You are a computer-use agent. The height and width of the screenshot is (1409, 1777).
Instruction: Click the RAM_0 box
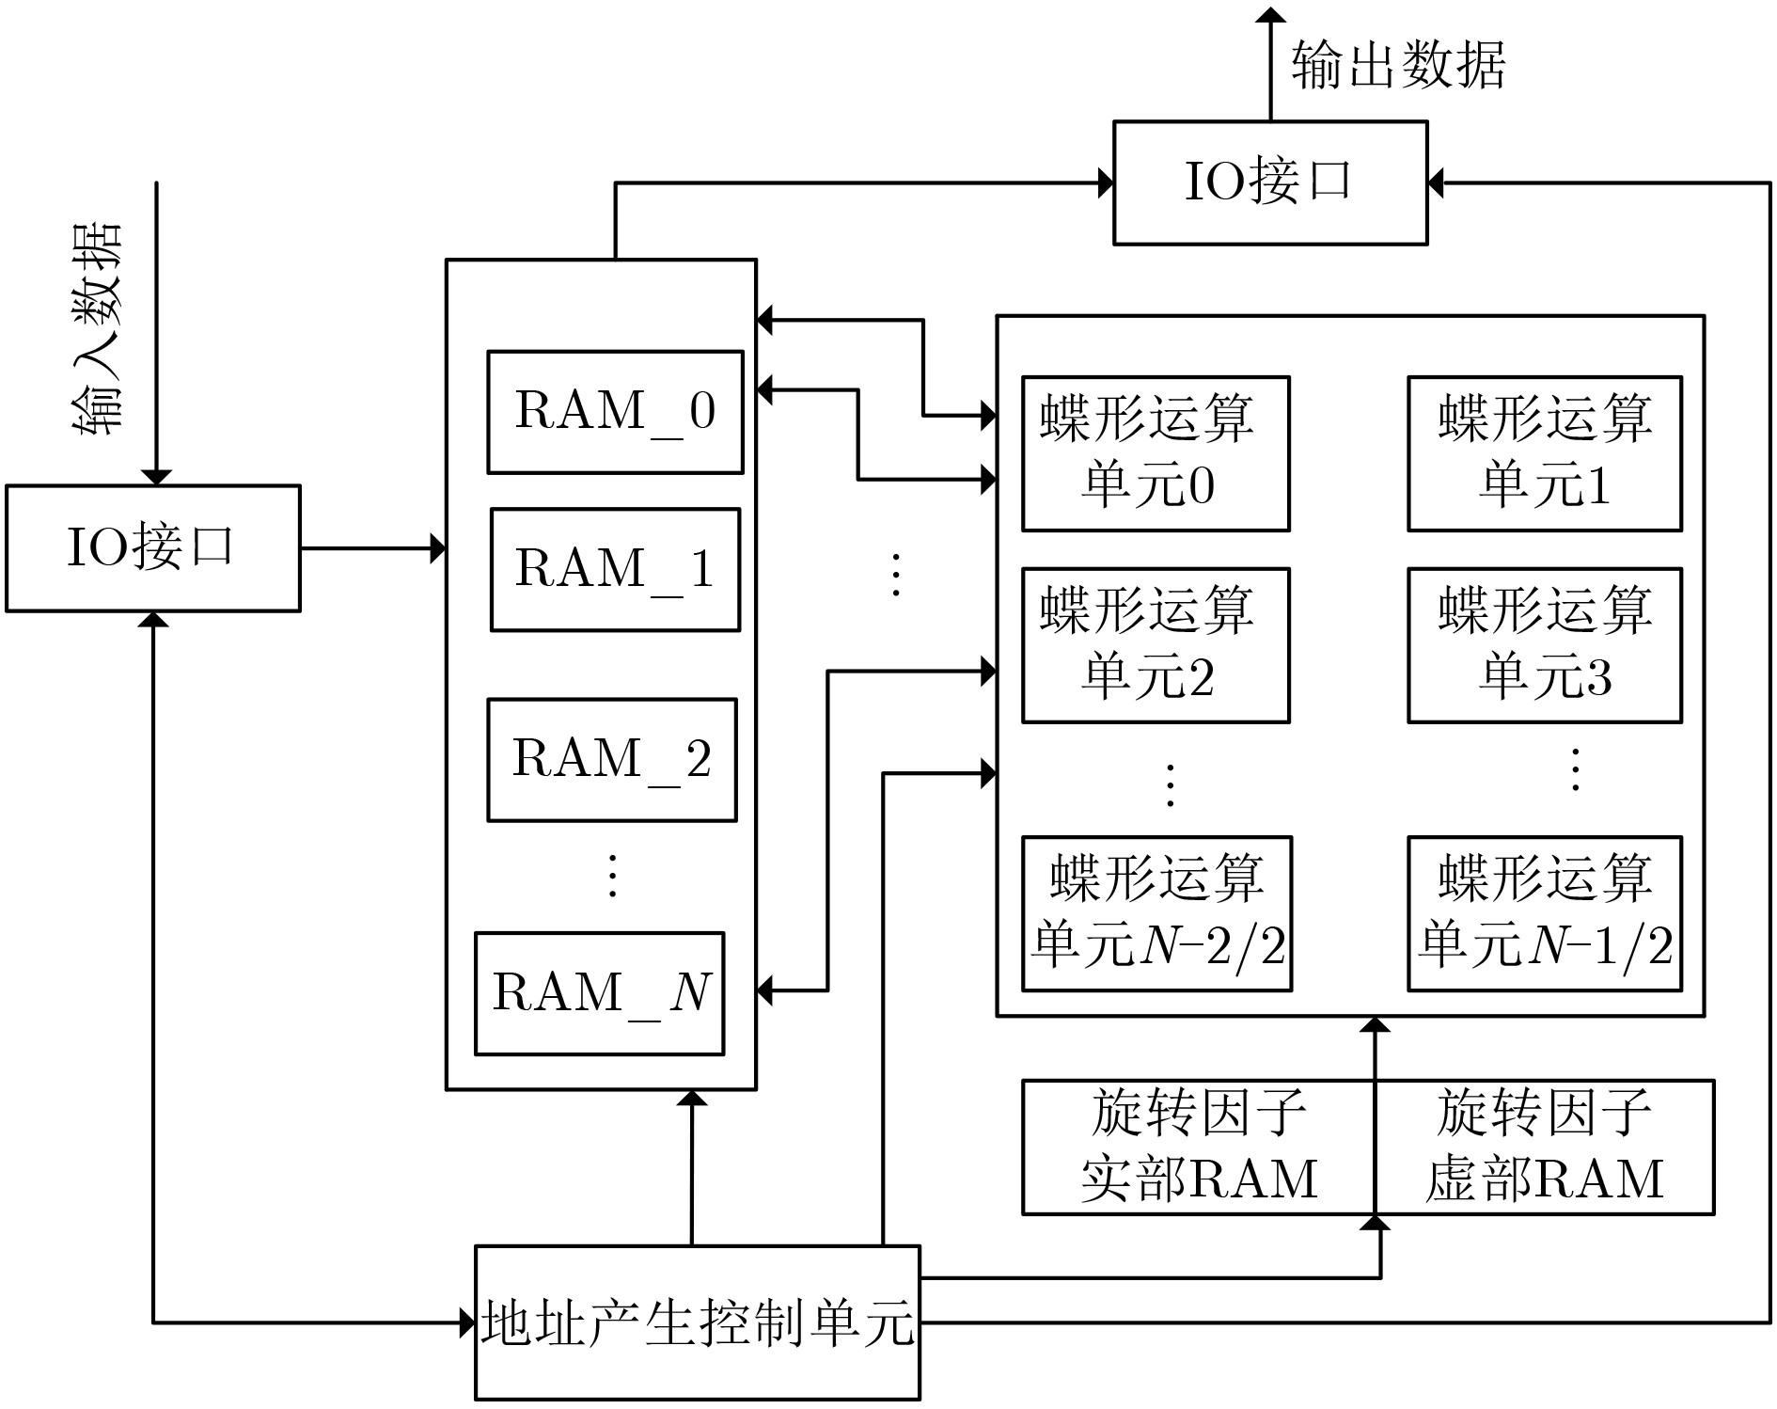[x=615, y=412]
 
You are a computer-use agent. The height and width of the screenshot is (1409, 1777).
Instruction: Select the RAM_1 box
[x=615, y=570]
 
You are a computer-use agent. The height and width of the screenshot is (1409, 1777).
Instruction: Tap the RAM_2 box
[x=612, y=760]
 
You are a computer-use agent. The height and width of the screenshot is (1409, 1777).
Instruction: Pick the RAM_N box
[x=600, y=993]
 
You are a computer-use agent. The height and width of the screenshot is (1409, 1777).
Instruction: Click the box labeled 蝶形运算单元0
[x=1156, y=454]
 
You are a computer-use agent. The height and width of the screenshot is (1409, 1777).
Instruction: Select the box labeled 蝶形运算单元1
[x=1545, y=454]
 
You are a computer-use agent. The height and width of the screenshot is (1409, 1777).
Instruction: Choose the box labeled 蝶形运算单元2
[x=1156, y=645]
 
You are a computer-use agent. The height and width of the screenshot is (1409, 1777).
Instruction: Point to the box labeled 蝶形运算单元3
[x=1545, y=645]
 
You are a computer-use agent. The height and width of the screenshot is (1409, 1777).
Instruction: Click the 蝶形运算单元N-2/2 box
[x=1157, y=913]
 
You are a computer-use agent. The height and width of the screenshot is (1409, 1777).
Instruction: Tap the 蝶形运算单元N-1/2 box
[x=1545, y=913]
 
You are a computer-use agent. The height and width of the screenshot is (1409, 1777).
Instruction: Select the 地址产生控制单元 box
[x=698, y=1322]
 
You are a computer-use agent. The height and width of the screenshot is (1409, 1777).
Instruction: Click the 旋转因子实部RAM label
[x=1199, y=1146]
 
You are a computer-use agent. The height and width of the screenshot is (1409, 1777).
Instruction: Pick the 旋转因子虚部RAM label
[x=1545, y=1146]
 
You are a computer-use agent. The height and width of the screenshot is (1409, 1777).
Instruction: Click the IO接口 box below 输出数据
[x=1270, y=182]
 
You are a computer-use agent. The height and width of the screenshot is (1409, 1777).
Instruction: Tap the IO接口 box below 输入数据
[x=153, y=548]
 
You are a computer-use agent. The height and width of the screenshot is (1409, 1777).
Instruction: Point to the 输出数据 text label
[x=1398, y=65]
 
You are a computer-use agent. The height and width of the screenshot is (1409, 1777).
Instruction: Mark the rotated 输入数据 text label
[x=98, y=328]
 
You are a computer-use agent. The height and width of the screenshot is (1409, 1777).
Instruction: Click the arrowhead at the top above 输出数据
[x=1271, y=14]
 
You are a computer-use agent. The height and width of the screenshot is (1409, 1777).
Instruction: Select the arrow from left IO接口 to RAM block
[x=373, y=548]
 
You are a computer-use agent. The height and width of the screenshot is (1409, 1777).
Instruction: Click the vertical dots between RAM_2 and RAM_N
[x=612, y=876]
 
